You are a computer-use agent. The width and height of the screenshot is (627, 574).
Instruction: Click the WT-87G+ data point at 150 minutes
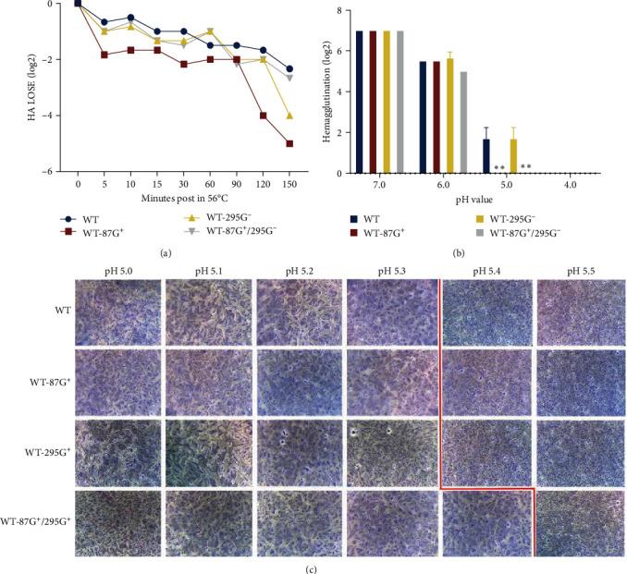click(291, 143)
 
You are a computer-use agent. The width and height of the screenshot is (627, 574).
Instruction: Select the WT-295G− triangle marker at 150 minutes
click(291, 116)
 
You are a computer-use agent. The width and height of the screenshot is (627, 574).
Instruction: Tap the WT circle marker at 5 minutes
click(104, 22)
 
